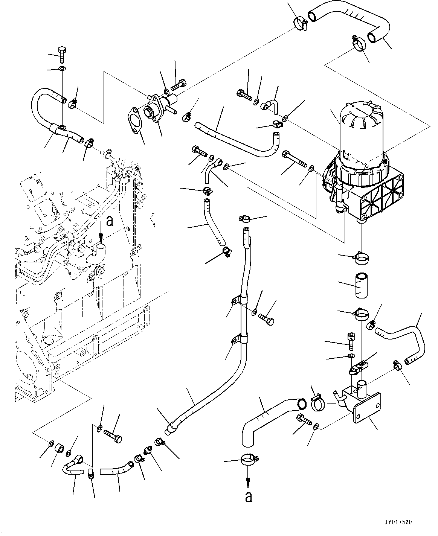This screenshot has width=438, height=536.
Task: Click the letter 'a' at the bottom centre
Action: click(x=248, y=497)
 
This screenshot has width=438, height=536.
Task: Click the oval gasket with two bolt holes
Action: click(x=134, y=122)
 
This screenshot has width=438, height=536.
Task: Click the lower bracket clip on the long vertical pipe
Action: click(x=240, y=340)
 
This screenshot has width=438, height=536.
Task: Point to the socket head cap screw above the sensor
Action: click(x=351, y=341)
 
